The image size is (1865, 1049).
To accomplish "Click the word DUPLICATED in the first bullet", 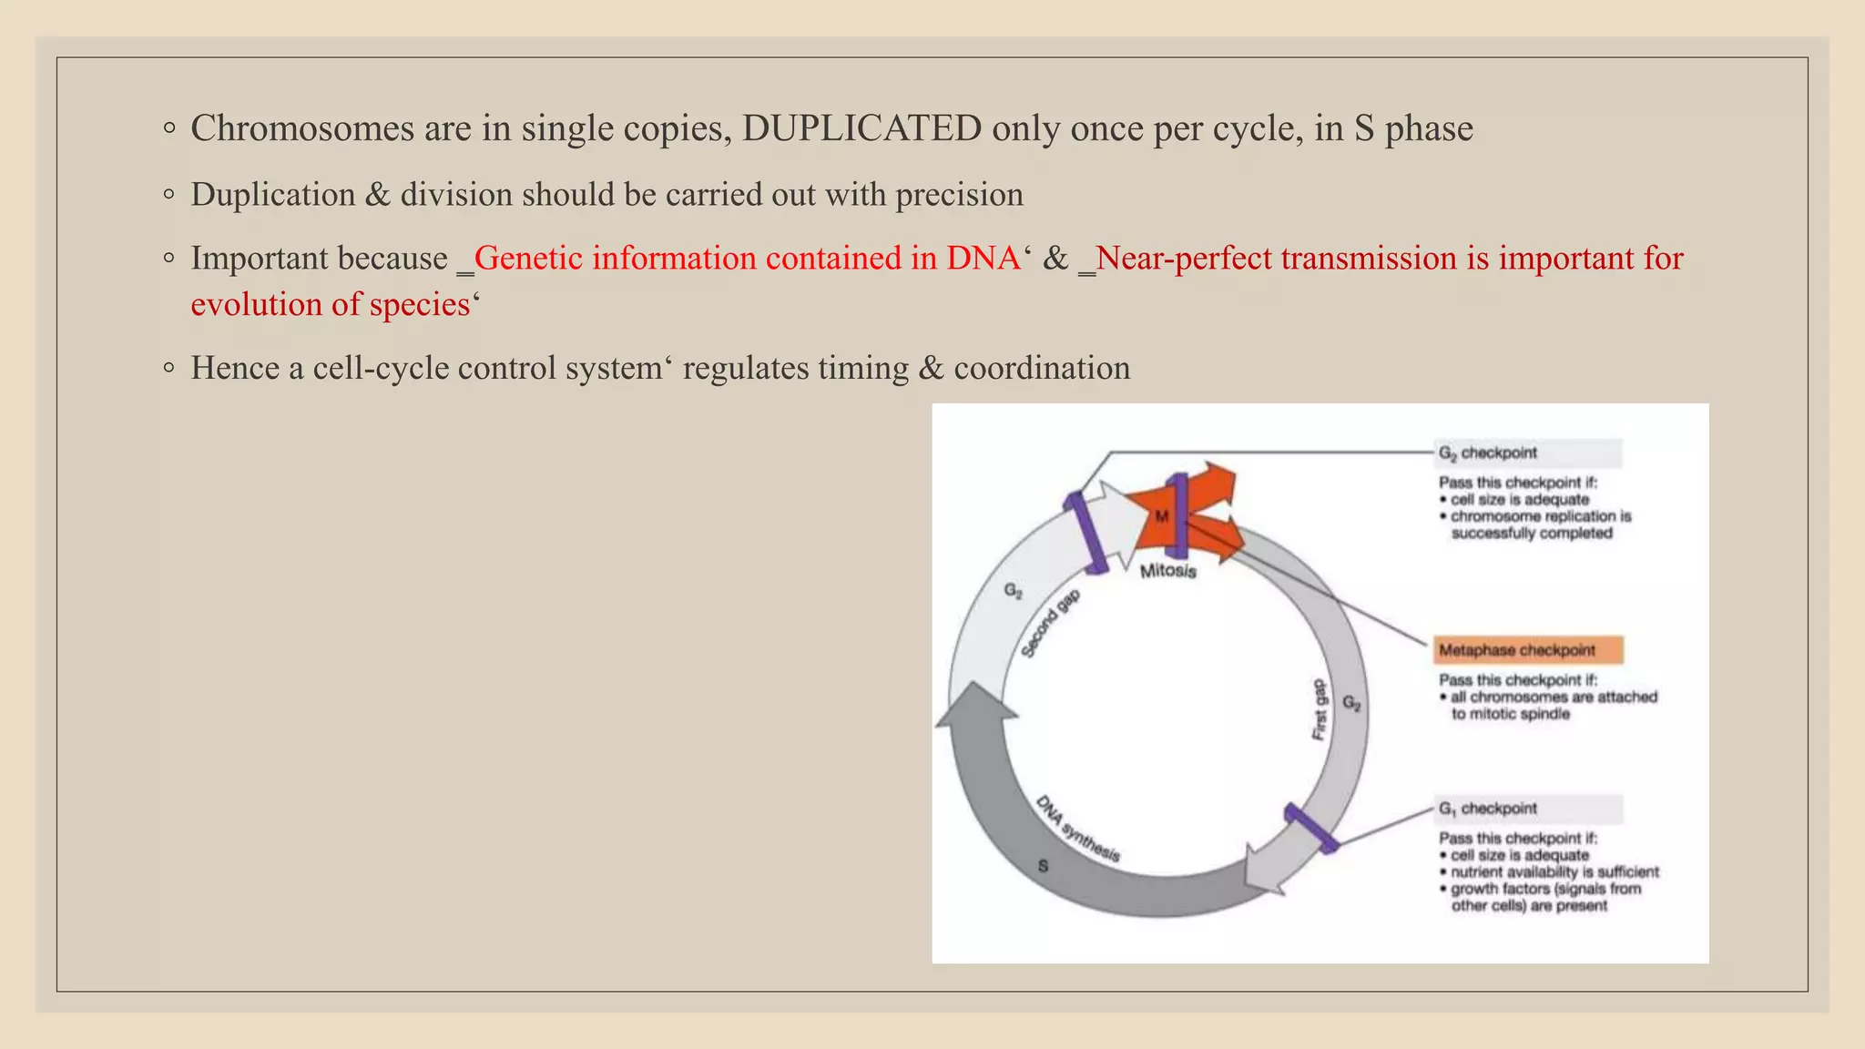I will (861, 128).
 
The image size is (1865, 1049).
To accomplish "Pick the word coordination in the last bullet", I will (1042, 368).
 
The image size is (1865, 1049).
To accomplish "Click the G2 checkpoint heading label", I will (1487, 453).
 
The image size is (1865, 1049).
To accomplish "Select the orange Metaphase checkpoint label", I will (1517, 650).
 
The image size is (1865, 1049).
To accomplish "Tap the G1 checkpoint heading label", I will (1487, 809).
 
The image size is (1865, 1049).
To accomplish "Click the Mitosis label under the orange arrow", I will (1167, 571).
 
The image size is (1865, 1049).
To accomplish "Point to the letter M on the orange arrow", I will (1161, 516).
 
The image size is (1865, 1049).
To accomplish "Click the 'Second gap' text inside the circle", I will (1050, 624).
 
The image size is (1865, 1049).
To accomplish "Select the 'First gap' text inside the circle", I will (1320, 709).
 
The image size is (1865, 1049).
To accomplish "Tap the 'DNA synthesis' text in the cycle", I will (1078, 829).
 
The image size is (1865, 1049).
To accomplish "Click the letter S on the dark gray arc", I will (1043, 866).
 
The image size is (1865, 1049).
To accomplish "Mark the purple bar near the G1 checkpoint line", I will (1310, 828).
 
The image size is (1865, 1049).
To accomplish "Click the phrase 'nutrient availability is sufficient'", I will (1554, 872).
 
